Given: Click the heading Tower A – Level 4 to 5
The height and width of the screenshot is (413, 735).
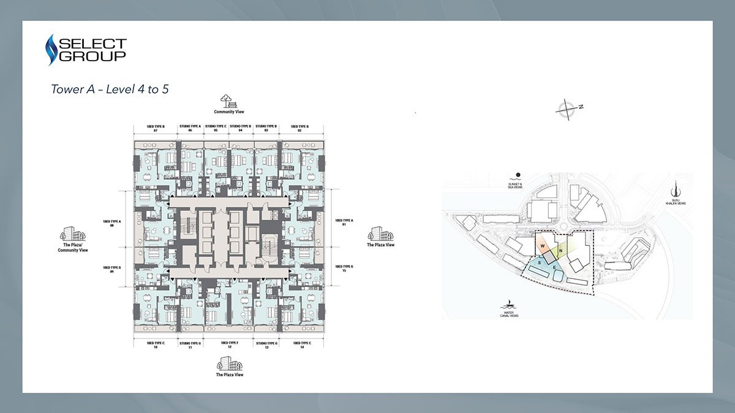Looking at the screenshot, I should pyautogui.click(x=110, y=89).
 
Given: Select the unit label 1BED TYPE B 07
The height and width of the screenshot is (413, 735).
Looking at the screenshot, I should pyautogui.click(x=153, y=129).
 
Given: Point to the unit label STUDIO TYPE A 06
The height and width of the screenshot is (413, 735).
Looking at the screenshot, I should pyautogui.click(x=190, y=129).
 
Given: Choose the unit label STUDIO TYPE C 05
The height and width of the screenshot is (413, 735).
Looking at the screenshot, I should pyautogui.click(x=216, y=129).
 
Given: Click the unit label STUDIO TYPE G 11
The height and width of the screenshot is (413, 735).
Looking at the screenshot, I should pyautogui.click(x=190, y=345).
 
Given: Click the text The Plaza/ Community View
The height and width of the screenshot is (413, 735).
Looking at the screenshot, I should pyautogui.click(x=73, y=248).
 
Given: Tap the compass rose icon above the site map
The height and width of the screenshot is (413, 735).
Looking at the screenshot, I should pyautogui.click(x=568, y=108).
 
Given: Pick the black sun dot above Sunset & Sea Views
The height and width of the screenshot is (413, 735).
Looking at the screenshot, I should pyautogui.click(x=518, y=174).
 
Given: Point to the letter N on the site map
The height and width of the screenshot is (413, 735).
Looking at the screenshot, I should pyautogui.click(x=559, y=251).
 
